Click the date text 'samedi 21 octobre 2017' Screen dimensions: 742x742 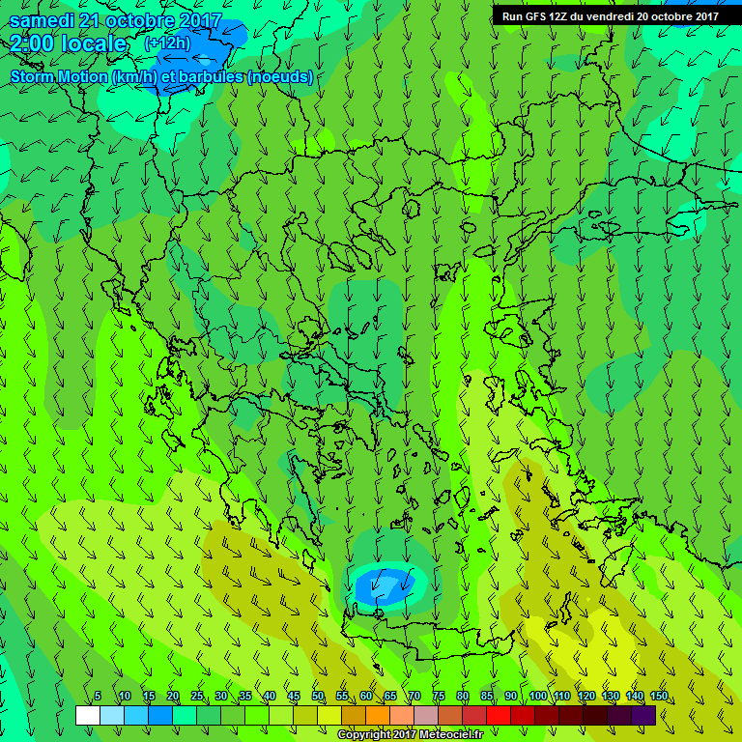click(x=115, y=20)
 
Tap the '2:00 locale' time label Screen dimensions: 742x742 click(x=69, y=43)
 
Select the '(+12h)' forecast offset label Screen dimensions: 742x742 click(x=166, y=43)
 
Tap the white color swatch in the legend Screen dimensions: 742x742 click(x=87, y=715)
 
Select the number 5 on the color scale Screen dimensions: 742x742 click(x=98, y=697)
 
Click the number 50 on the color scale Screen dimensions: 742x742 click(x=318, y=697)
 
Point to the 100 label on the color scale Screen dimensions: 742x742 click(x=538, y=697)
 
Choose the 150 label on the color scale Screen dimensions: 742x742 click(x=658, y=697)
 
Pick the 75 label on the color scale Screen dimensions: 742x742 click(x=439, y=697)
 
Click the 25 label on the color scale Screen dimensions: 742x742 click(x=197, y=697)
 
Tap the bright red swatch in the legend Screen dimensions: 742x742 click(x=498, y=715)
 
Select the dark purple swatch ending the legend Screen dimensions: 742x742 click(x=643, y=715)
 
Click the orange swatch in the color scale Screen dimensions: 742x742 click(x=377, y=715)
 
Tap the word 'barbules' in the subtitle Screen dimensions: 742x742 click(x=210, y=77)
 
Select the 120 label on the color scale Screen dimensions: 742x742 click(x=586, y=697)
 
